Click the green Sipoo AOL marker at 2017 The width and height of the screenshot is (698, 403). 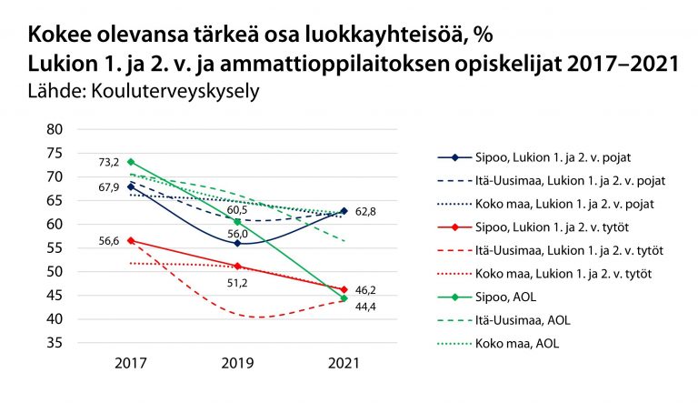point(131,162)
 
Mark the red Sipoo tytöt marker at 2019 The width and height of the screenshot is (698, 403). point(237,266)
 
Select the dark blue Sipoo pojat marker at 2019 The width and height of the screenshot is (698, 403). point(237,243)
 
